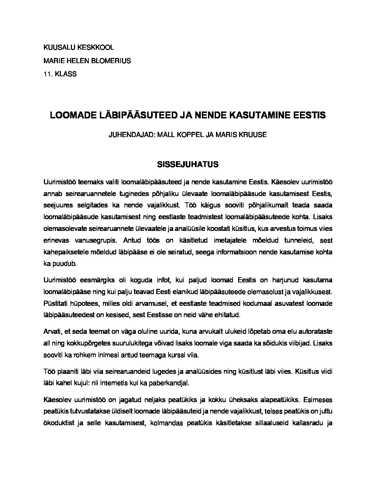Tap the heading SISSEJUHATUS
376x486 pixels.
click(188, 164)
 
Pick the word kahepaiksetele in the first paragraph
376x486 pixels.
click(64, 252)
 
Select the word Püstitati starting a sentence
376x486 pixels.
click(56, 303)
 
